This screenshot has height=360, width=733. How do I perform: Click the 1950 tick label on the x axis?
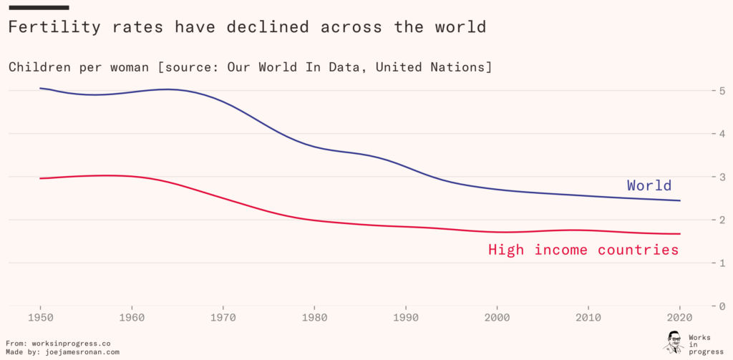coord(40,317)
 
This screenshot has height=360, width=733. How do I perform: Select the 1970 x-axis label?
coord(223,317)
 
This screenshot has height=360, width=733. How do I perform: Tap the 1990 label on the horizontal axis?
coord(405,317)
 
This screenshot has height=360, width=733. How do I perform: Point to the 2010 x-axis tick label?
coord(588,317)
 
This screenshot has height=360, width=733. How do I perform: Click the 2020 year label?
coord(679,317)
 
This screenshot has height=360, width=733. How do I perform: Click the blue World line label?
coord(649,185)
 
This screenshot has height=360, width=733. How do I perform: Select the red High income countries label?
coord(583,250)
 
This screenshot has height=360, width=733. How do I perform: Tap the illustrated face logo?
coord(673,342)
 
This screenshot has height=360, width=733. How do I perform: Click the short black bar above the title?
coord(39,7)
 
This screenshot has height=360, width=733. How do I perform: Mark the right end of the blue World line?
coord(679,200)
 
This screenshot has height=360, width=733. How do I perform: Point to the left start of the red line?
coord(40,178)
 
